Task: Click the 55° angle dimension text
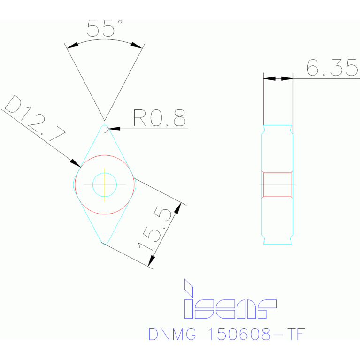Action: [104, 28]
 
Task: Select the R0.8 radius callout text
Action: [159, 118]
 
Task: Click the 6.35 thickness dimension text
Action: [332, 68]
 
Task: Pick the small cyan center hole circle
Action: [104, 184]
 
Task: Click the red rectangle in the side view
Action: [277, 184]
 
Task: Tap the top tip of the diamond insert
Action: [104, 126]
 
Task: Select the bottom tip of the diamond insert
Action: [104, 243]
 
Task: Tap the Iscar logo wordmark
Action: [230, 308]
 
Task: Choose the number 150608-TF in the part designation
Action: [256, 334]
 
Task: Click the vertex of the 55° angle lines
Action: [104, 120]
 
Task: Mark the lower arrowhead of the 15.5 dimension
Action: [151, 260]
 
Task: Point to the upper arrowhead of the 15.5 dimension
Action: [178, 207]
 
